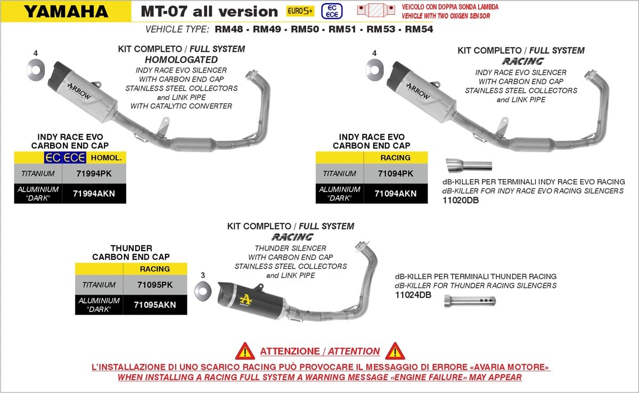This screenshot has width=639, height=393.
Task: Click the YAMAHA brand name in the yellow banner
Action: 66,12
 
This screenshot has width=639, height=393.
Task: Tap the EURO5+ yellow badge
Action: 300,11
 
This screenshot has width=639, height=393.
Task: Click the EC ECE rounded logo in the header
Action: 332,11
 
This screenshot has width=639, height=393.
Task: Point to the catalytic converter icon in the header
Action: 376,10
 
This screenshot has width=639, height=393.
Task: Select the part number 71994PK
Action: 94,174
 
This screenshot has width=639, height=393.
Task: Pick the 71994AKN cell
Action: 94,194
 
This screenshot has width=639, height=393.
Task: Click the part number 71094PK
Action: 395,174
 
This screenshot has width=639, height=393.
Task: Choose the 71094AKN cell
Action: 395,194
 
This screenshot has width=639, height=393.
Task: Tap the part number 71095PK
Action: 155,285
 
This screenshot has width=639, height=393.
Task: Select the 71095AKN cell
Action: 155,304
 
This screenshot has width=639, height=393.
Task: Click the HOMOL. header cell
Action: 106,158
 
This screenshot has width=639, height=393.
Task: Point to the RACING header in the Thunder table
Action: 155,269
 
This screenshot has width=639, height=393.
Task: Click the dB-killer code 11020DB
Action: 461,200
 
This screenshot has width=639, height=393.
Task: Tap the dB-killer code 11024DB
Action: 413,295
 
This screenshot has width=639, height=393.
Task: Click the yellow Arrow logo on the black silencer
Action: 245,300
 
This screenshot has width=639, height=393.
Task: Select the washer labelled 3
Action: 203,291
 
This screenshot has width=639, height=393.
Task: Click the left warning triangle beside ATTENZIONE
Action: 245,351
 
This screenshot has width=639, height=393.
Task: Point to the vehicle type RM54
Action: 419,29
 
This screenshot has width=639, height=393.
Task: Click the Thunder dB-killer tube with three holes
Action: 470,301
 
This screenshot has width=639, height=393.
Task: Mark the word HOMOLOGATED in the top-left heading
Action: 182,60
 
